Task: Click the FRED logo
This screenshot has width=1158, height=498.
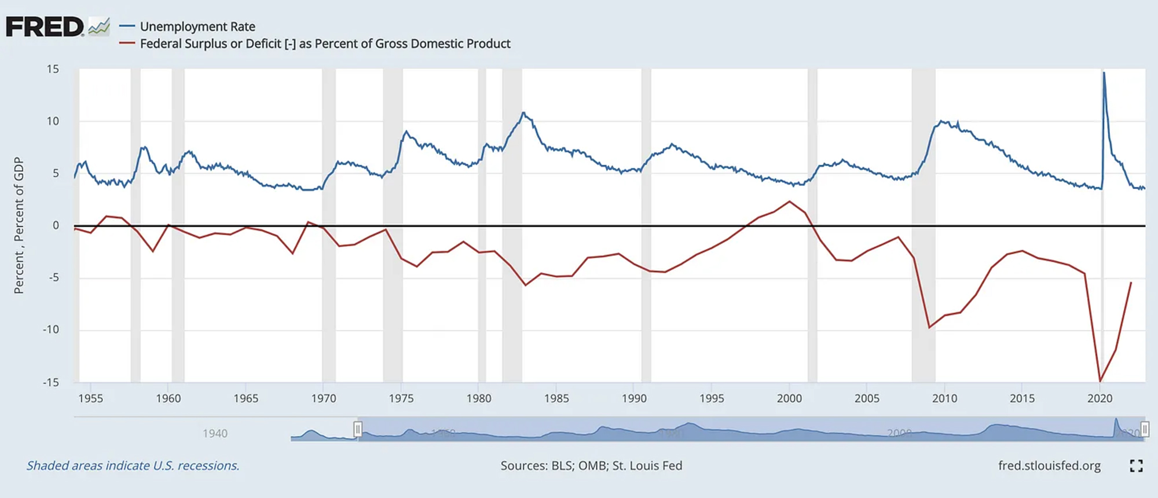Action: [45, 27]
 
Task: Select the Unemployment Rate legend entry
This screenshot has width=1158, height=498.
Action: [197, 27]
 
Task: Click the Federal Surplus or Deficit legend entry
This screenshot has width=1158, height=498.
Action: [324, 44]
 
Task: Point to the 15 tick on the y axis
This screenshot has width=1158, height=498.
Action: [53, 69]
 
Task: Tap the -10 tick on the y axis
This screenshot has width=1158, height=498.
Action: [51, 329]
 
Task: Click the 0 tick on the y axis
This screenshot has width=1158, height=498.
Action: [56, 225]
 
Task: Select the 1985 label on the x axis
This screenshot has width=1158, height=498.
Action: [556, 398]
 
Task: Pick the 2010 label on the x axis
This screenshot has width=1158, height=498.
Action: [944, 398]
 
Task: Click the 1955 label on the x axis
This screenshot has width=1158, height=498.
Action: [90, 398]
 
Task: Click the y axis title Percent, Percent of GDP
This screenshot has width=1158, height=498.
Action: [19, 225]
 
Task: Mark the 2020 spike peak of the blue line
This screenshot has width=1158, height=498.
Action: [1104, 73]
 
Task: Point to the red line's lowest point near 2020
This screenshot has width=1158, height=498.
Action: [1100, 380]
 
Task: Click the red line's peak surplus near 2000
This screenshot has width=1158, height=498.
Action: [789, 202]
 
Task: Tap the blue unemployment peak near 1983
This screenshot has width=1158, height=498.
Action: [523, 113]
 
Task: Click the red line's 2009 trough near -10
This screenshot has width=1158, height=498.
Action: [929, 328]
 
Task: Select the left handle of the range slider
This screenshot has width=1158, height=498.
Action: [358, 429]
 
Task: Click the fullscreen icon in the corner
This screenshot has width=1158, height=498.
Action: [1136, 466]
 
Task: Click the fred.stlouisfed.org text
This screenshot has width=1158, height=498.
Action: [1049, 466]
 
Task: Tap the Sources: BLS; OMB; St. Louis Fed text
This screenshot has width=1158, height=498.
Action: [591, 466]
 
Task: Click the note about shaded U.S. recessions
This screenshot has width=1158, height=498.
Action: [133, 466]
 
